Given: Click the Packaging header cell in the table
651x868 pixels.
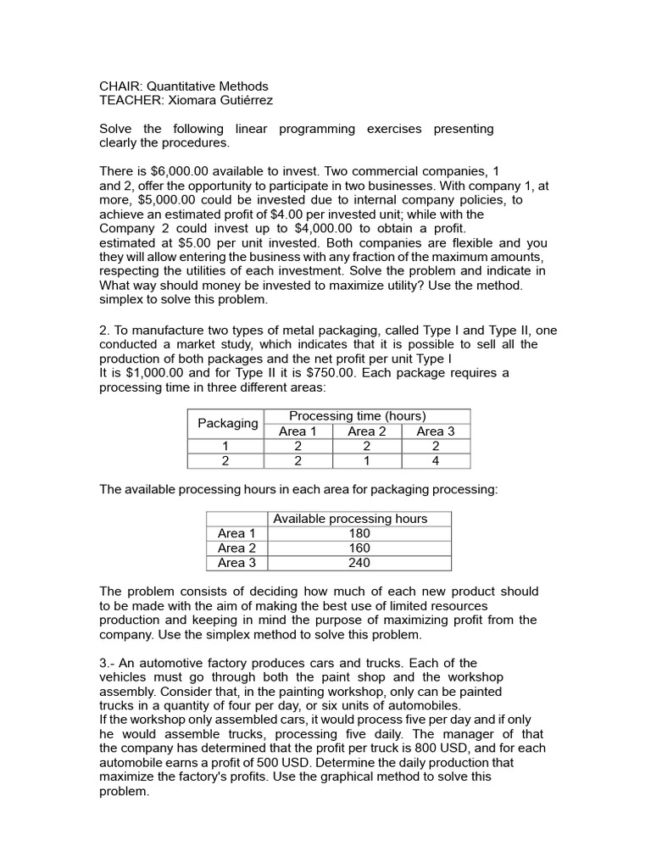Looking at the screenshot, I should (227, 423).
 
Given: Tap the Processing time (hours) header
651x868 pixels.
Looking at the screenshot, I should (357, 416).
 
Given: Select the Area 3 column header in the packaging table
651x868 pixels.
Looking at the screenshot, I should (435, 431).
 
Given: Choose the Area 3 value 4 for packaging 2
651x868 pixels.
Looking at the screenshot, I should (435, 461).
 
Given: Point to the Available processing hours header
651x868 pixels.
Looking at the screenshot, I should (350, 519).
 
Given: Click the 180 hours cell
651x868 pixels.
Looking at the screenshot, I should (359, 533).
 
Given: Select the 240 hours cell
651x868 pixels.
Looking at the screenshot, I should (359, 563).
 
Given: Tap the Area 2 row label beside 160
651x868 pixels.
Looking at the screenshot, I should (236, 548).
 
